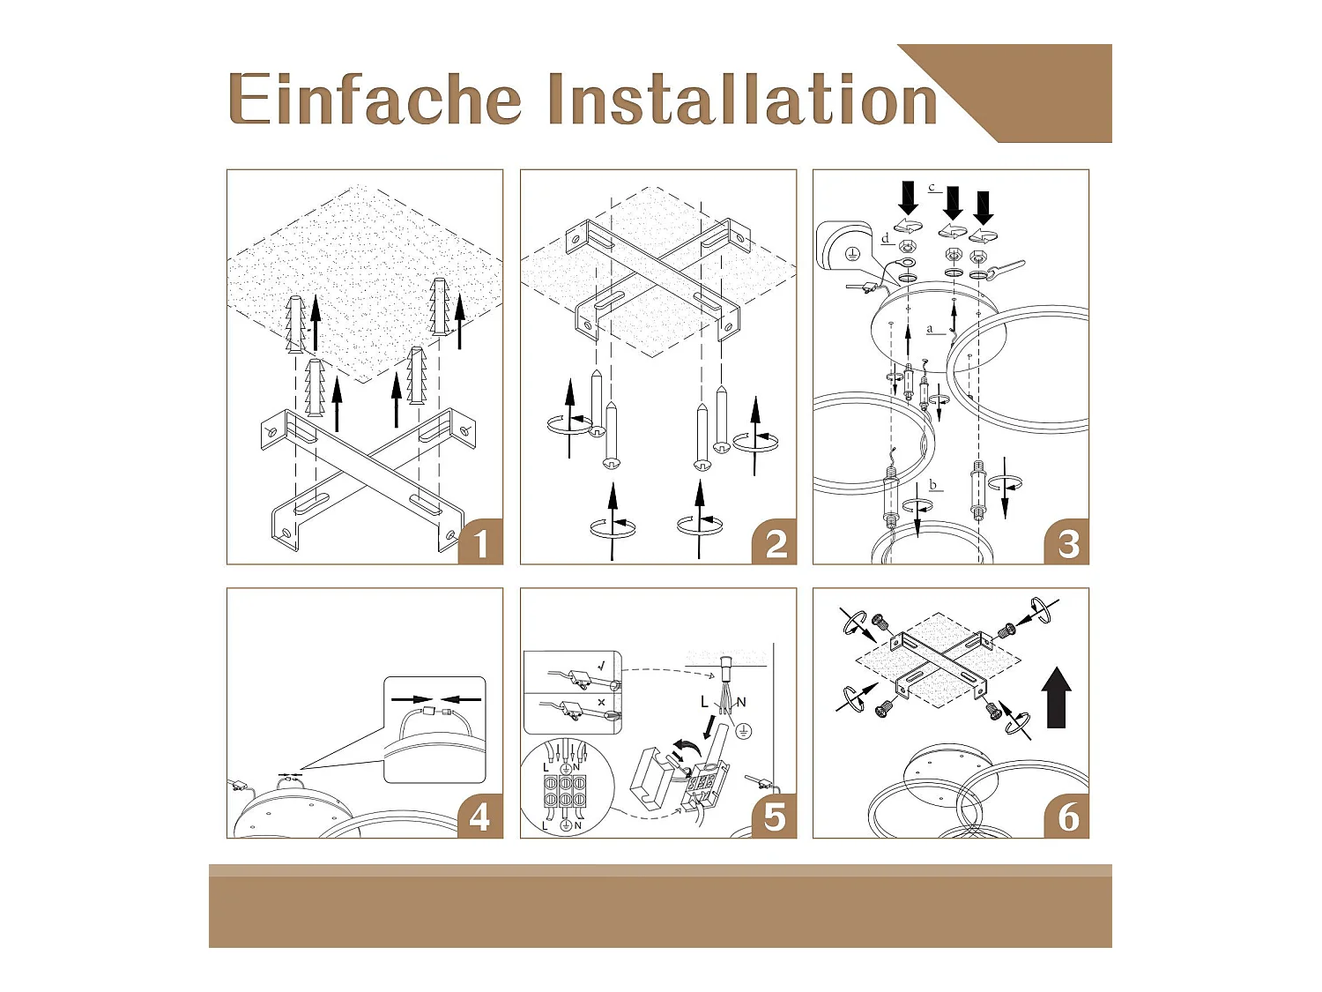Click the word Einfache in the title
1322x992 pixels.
click(375, 99)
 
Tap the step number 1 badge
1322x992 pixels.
click(480, 542)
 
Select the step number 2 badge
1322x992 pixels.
click(775, 542)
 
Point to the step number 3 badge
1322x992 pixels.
click(1067, 542)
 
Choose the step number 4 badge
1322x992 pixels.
click(480, 817)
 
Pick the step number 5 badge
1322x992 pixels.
click(775, 817)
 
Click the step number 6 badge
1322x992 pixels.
click(1067, 817)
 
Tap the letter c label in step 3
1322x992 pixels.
click(932, 187)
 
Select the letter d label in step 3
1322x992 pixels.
click(886, 238)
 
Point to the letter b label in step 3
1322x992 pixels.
click(933, 484)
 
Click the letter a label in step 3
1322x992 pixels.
click(930, 329)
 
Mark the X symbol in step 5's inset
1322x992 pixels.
click(601, 702)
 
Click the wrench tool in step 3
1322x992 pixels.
click(1005, 267)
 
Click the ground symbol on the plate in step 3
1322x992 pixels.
click(851, 254)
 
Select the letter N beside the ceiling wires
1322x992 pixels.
click(741, 702)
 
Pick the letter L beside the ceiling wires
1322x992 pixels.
click(705, 702)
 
